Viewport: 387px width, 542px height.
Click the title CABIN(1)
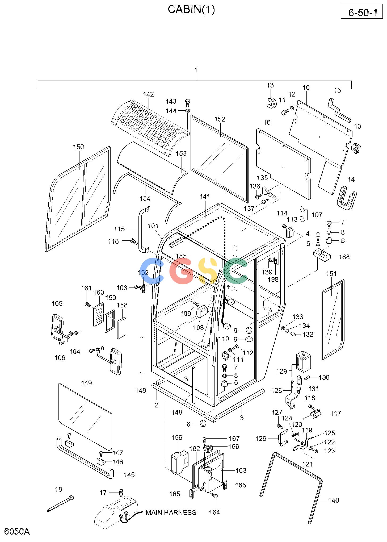click(191, 10)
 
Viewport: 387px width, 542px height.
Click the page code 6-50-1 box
click(363, 11)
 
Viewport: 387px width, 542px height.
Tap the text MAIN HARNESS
click(171, 512)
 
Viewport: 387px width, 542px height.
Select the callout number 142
click(148, 94)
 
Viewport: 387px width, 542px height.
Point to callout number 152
click(220, 119)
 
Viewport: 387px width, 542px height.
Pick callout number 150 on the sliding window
click(78, 147)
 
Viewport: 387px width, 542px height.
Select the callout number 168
click(344, 257)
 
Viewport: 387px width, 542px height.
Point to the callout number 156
click(177, 437)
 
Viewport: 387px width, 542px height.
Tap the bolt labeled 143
click(188, 102)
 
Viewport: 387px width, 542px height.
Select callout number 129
click(281, 371)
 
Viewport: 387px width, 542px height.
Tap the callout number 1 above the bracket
click(196, 70)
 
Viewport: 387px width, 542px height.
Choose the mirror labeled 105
click(57, 327)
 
